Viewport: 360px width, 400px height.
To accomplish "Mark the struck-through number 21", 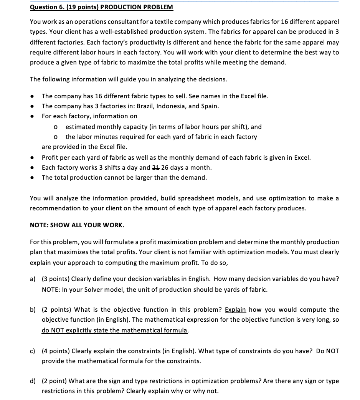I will pyautogui.click(x=157, y=167).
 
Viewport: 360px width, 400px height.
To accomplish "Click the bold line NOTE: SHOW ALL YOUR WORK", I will pyautogui.click(x=77, y=225).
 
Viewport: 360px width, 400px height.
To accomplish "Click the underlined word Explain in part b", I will pyautogui.click(x=235, y=309).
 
